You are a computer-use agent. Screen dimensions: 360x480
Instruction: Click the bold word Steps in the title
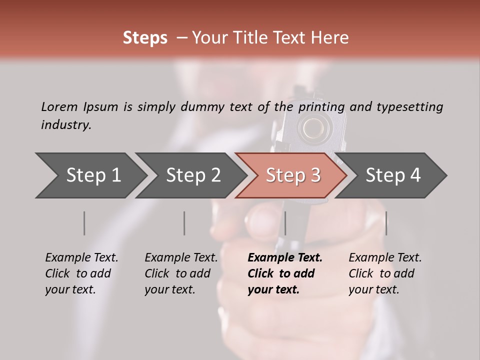pyautogui.click(x=145, y=38)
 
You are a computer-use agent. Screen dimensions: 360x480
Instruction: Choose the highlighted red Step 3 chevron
pyautogui.click(x=292, y=175)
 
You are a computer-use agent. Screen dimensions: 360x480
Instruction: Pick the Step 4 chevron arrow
pyautogui.click(x=392, y=175)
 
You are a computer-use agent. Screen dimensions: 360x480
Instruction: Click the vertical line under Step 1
pyautogui.click(x=84, y=223)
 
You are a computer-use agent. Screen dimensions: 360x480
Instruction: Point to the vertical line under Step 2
pyautogui.click(x=184, y=223)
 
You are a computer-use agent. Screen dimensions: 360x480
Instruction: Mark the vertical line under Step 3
pyautogui.click(x=285, y=223)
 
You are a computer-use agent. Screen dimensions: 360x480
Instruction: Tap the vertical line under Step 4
pyautogui.click(x=386, y=223)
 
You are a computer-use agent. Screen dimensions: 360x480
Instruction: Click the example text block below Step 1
pyautogui.click(x=81, y=273)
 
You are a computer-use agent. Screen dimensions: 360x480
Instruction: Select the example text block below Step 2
pyautogui.click(x=181, y=273)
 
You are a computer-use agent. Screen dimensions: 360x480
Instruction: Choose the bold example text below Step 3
pyautogui.click(x=284, y=273)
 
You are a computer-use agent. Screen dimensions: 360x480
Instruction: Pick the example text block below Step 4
pyautogui.click(x=385, y=273)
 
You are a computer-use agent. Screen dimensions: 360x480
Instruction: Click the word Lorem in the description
pyautogui.click(x=59, y=106)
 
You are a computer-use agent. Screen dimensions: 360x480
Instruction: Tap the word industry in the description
pyautogui.click(x=66, y=125)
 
